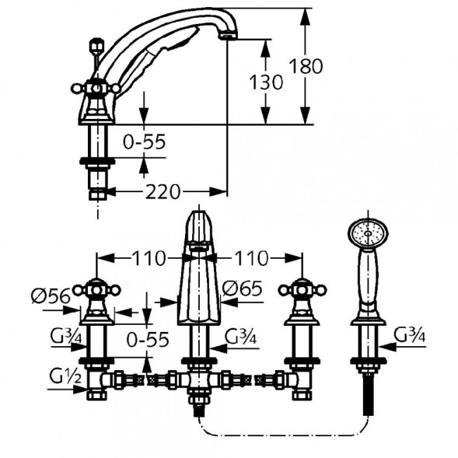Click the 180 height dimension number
(x=306, y=66)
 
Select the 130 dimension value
(x=266, y=82)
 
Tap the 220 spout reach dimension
(x=163, y=192)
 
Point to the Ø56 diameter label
(x=51, y=296)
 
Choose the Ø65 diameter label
(x=242, y=288)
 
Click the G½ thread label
(x=65, y=376)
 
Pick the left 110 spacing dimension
(x=149, y=258)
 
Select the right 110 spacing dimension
(x=251, y=258)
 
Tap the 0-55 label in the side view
(x=144, y=142)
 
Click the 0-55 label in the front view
(x=148, y=339)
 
